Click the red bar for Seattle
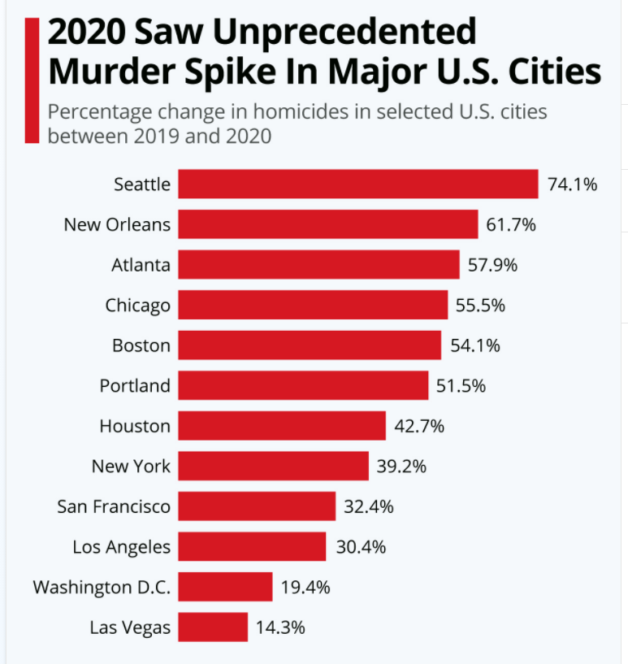coord(357,184)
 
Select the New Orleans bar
coord(327,224)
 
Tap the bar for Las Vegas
coord(213,627)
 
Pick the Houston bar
coord(281,426)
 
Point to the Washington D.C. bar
coord(225,587)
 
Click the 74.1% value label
coord(572,184)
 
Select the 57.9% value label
coord(492,265)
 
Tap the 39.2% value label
coord(401,467)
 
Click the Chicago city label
coord(138,306)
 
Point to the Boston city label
coord(141,345)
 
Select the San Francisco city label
coord(114,506)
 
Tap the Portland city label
coord(135,385)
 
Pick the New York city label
coord(131,467)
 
